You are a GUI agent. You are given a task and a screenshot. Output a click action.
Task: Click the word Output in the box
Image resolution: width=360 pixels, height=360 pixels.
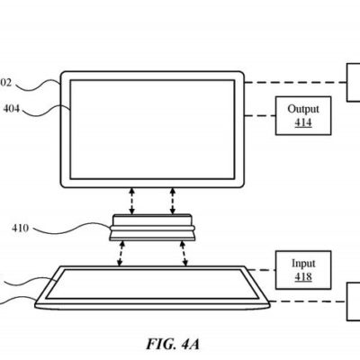[302, 109]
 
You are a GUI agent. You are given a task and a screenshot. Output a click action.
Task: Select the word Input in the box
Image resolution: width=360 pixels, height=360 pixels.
[303, 263]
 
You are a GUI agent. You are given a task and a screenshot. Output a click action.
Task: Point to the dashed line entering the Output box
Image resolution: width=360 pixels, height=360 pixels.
[260, 115]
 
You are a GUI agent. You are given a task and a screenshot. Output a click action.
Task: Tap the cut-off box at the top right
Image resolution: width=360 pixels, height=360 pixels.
[353, 82]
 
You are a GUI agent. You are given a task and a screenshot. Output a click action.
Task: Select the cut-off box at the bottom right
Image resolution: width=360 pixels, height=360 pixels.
[353, 301]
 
